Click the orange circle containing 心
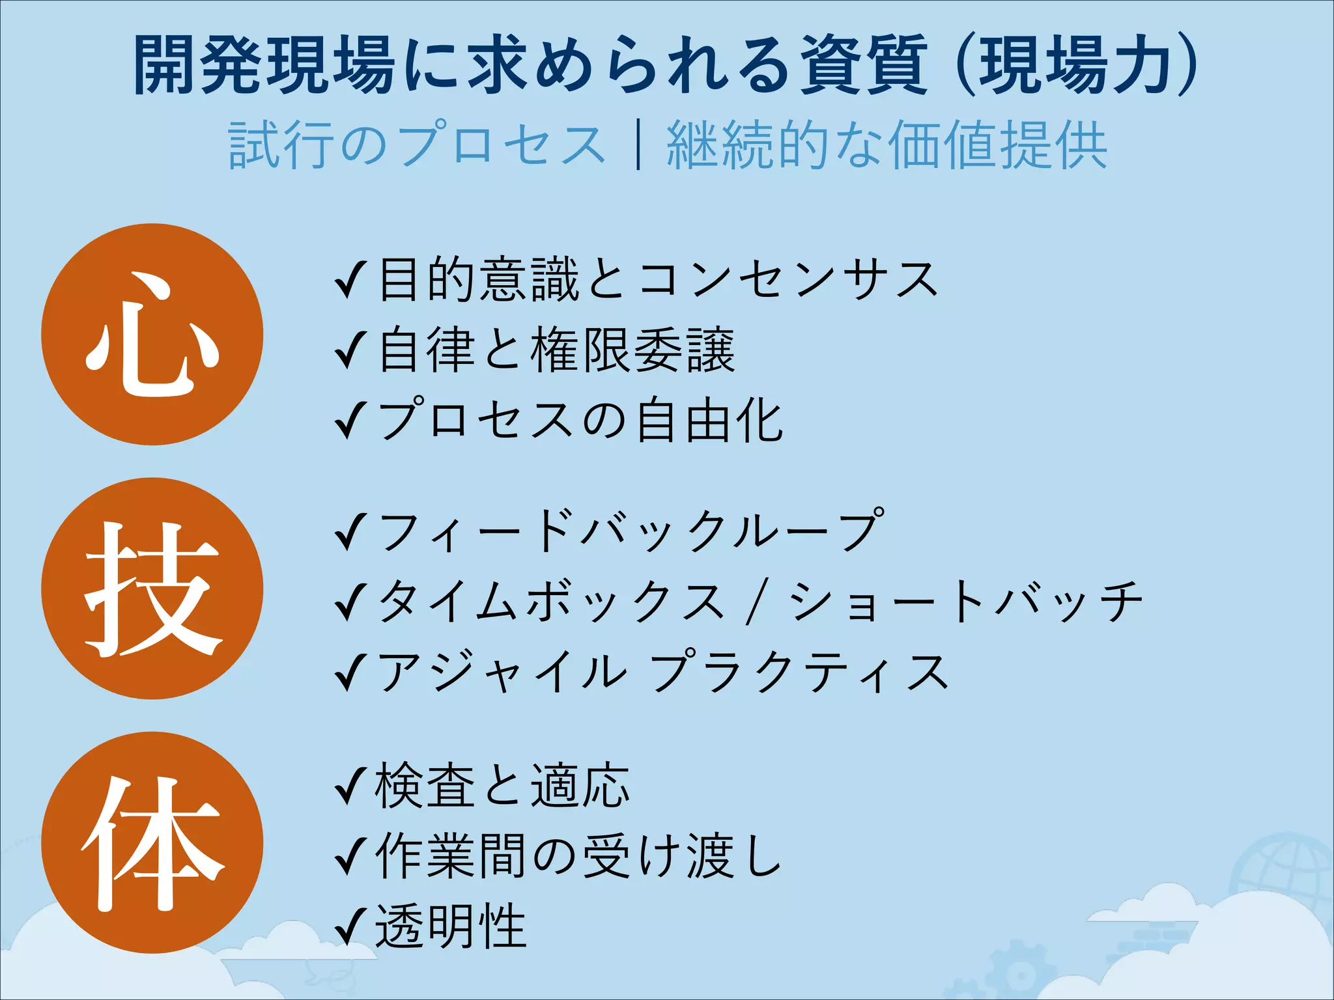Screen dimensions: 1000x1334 (152, 334)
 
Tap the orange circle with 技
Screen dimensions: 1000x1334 (152, 589)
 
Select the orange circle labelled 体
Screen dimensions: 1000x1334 (152, 842)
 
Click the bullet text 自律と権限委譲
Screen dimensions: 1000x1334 (557, 352)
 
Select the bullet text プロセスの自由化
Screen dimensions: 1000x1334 (580, 421)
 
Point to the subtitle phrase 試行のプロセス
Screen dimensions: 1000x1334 (417, 145)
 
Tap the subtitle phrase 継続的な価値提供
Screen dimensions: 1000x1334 (887, 145)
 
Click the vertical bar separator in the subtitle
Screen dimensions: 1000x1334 (638, 145)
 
